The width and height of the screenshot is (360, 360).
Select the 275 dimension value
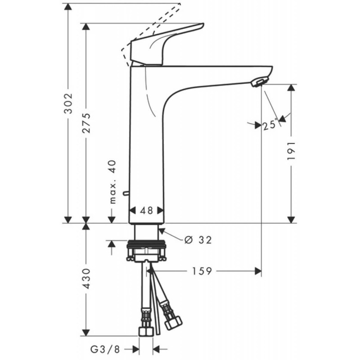pos(86,123)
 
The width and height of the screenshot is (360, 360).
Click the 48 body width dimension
pos(146,210)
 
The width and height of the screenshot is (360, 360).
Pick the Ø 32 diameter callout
pos(198,240)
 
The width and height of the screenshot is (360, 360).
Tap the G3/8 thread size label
pos(106,349)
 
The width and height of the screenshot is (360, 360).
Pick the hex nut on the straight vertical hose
pos(145,331)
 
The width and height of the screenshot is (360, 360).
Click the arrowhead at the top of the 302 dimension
pos(68,6)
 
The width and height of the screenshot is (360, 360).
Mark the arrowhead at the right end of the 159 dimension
pos(258,271)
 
